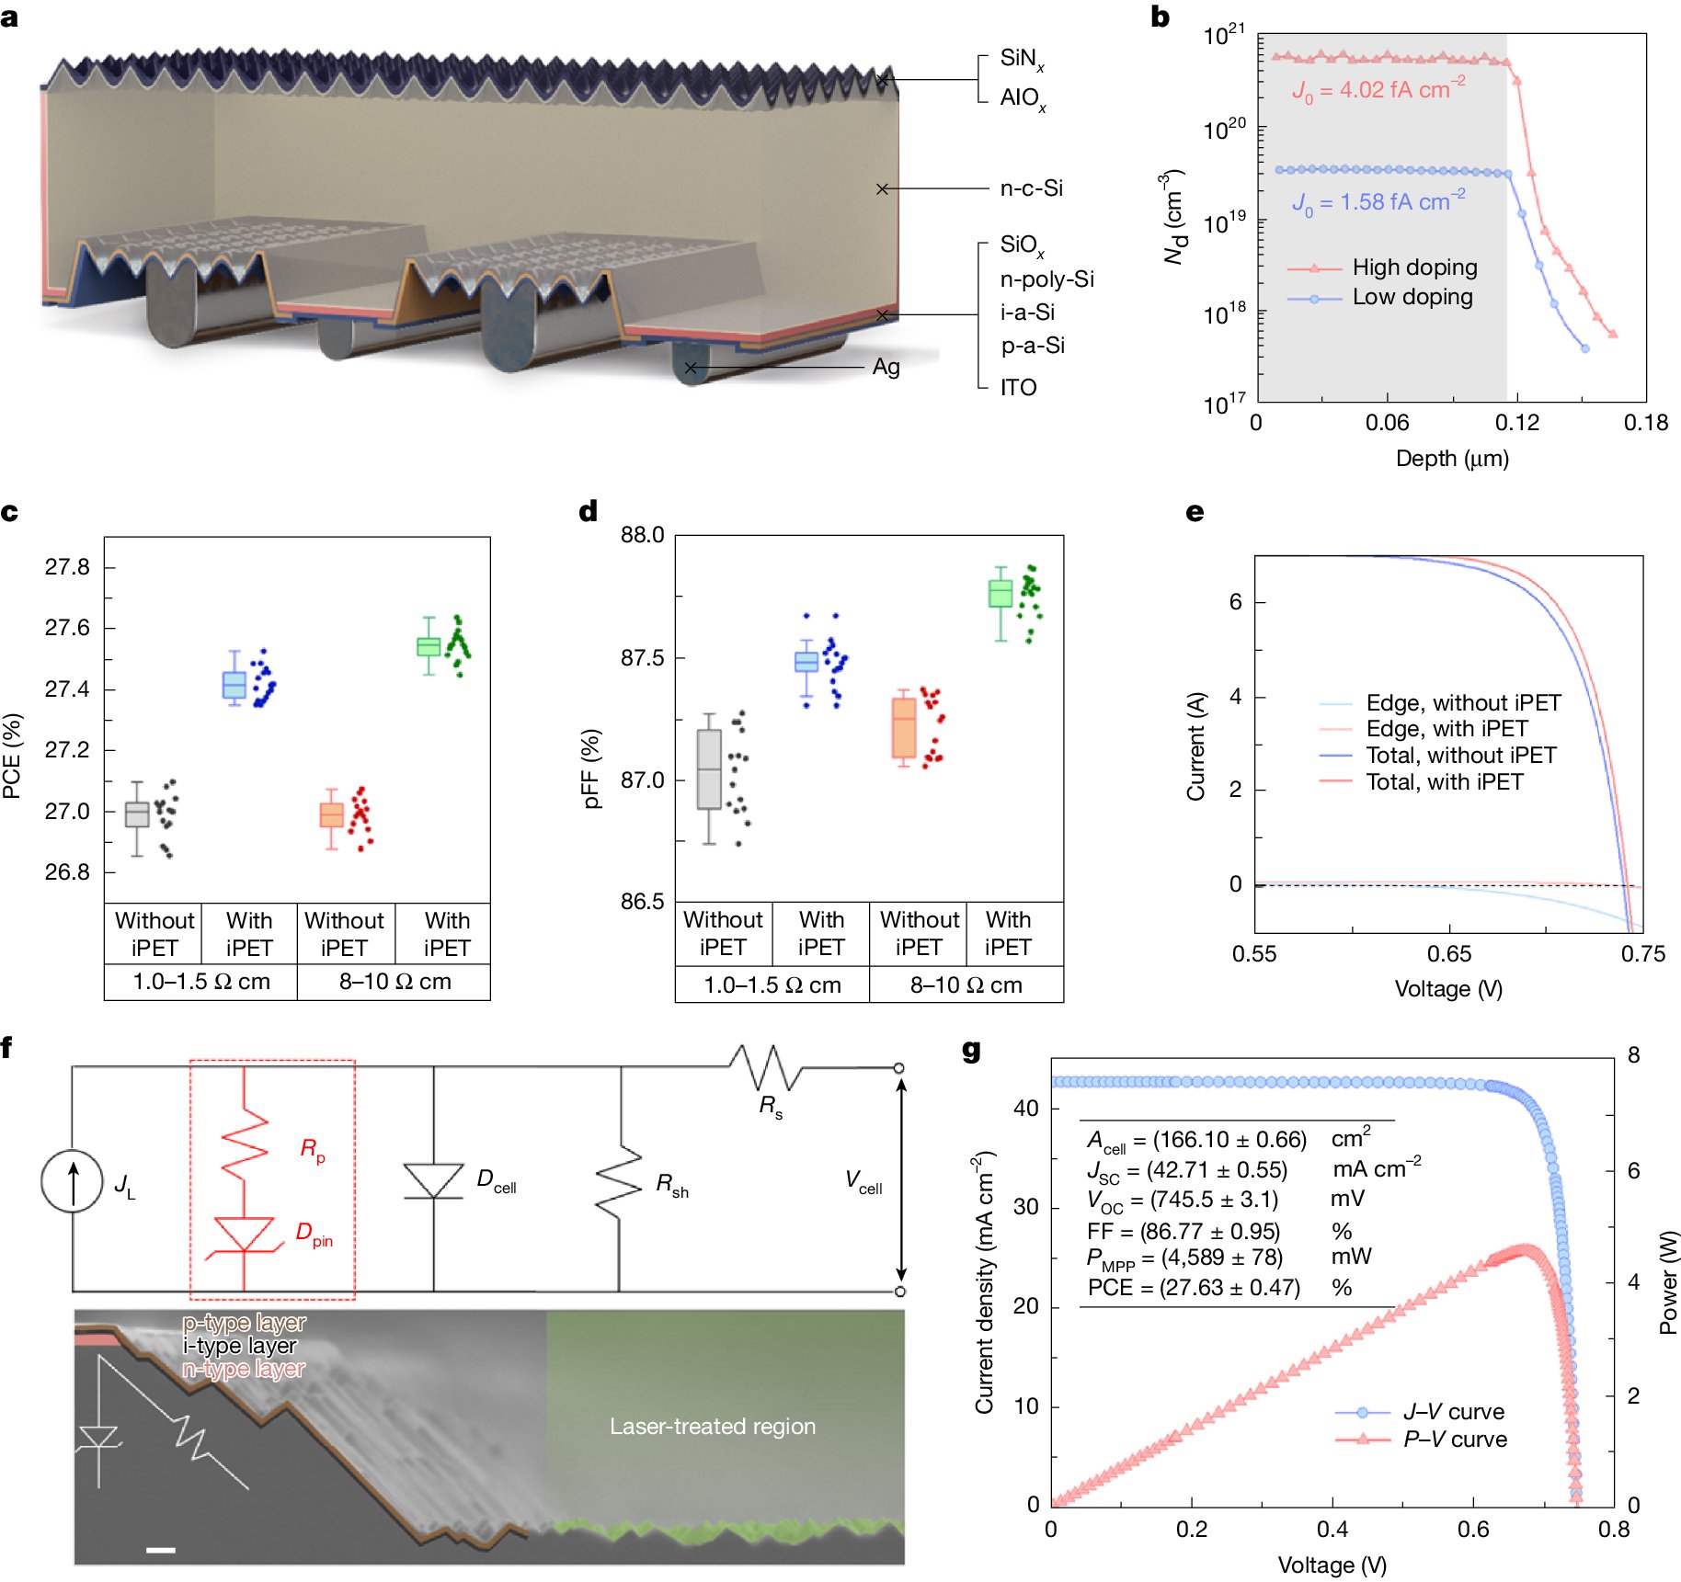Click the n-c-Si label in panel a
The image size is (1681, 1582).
[x=1031, y=188]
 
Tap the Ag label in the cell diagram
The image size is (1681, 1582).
[x=885, y=367]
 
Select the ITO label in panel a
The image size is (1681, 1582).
[x=1018, y=387]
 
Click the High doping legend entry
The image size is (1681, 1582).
[x=1413, y=267]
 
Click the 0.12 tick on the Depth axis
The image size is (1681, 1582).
[x=1515, y=423]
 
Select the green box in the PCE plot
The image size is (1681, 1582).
[x=428, y=646]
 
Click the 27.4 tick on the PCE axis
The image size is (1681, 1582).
[x=67, y=689]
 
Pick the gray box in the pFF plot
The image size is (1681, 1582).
[x=708, y=769]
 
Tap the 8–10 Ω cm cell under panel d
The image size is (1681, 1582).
[x=966, y=985]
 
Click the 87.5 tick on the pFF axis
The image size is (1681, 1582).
[x=641, y=658]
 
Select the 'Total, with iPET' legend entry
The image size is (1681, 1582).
[x=1444, y=782]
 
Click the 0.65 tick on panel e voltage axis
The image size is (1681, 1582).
[x=1448, y=954]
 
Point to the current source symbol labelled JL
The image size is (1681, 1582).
[x=72, y=1181]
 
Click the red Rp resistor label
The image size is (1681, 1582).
[x=312, y=1149]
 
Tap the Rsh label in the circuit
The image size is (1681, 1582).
[x=671, y=1186]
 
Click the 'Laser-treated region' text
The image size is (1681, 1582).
[x=712, y=1426]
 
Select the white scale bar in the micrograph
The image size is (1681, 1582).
[x=160, y=1550]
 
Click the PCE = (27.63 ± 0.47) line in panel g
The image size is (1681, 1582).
[x=1194, y=1287]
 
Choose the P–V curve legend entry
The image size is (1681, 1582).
[x=1454, y=1440]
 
